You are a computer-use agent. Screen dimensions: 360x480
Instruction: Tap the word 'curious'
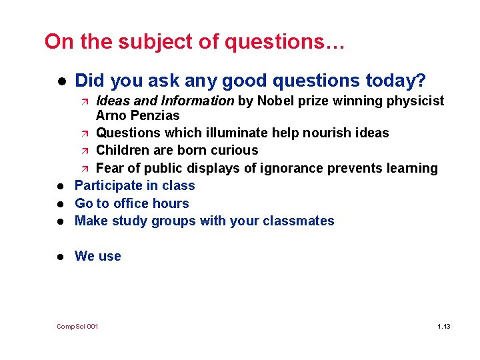(x=234, y=150)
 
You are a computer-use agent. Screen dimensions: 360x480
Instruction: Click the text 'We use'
(x=98, y=256)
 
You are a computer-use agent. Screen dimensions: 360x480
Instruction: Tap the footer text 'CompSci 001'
(x=77, y=326)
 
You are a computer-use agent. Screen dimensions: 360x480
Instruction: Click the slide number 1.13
(x=444, y=326)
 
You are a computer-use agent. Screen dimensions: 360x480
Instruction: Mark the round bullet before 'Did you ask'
(x=60, y=82)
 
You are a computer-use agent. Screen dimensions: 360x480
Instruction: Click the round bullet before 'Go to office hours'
(x=60, y=204)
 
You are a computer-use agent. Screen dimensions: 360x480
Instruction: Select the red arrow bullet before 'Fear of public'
(x=85, y=169)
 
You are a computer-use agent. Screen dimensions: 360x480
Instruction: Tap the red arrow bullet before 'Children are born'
(x=85, y=151)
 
